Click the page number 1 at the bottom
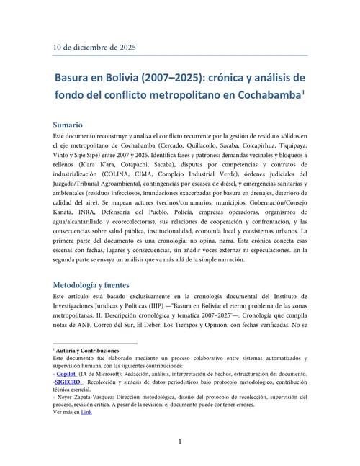click(x=180, y=441)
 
